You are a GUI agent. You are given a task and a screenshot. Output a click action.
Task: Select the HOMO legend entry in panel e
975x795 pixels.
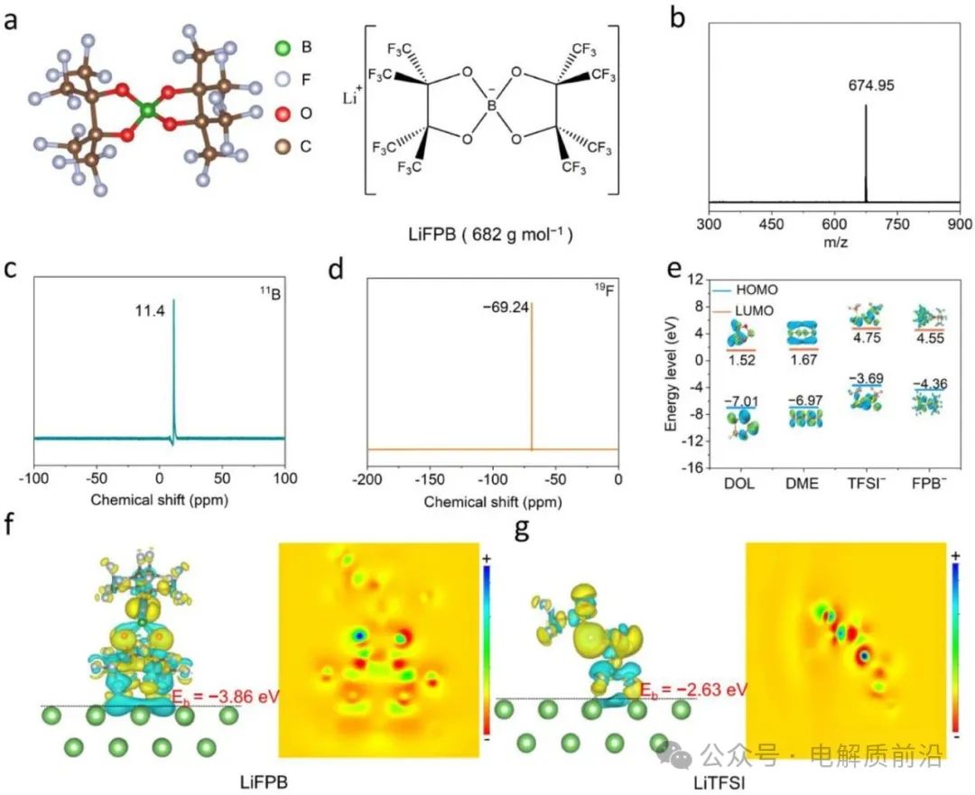coord(740,289)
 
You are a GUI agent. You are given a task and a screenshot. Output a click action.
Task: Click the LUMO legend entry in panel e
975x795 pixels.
coord(740,310)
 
